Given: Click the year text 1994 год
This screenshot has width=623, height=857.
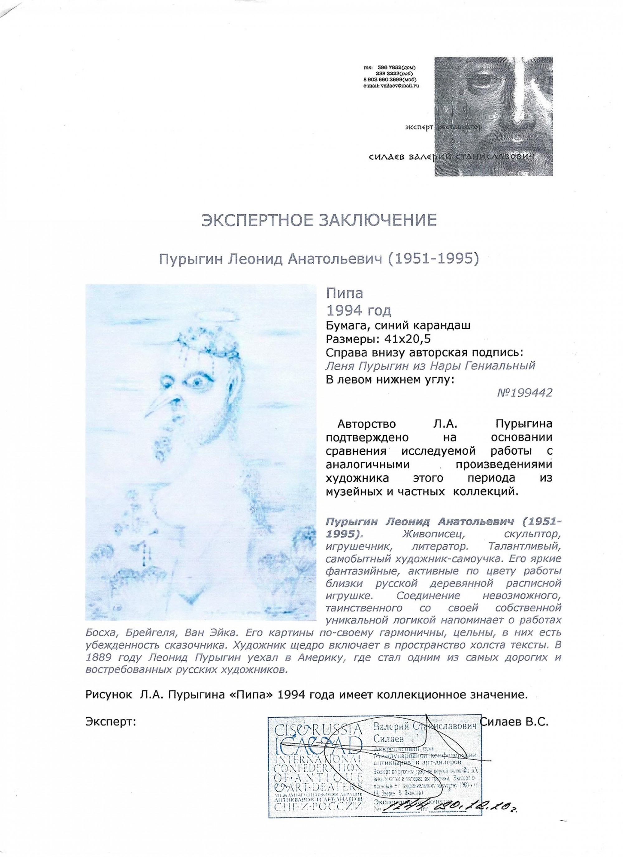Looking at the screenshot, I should coord(358,310).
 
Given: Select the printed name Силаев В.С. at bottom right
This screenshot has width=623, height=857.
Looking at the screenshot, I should coord(514,722).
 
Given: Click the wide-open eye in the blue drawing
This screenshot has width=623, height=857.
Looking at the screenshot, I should coord(197,382).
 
